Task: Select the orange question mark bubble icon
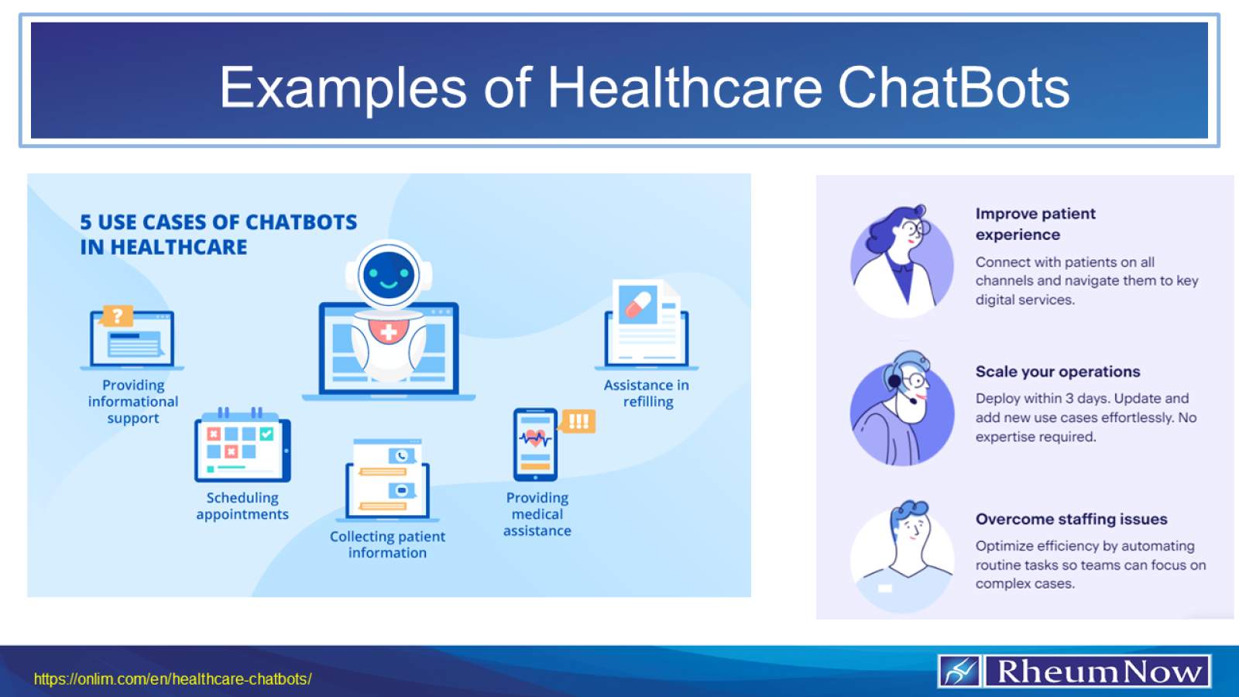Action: [118, 316]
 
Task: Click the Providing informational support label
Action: [133, 401]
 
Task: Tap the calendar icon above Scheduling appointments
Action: [242, 446]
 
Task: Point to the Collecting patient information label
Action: [387, 544]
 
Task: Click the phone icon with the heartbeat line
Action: [535, 445]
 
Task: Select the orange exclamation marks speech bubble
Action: [578, 421]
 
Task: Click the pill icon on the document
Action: [638, 304]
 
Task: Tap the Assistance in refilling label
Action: [647, 393]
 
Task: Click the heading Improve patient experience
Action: [1035, 224]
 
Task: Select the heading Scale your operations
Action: [1057, 372]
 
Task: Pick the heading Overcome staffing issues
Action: [1071, 519]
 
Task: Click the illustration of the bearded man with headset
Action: [903, 409]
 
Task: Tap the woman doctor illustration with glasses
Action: [902, 261]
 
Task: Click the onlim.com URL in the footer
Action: [173, 679]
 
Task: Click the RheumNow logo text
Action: [1098, 671]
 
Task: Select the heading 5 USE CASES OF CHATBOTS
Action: [218, 222]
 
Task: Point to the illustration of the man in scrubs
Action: [903, 555]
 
